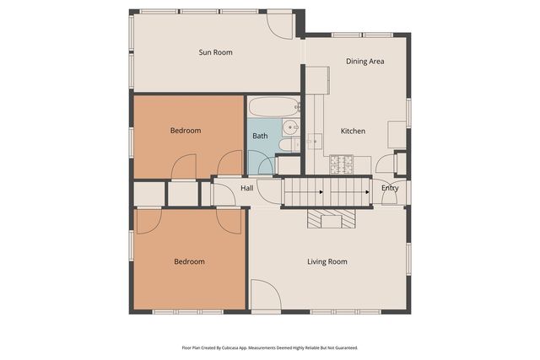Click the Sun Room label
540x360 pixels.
[215, 52]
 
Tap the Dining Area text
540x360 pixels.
[365, 62]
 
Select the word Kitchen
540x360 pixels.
[353, 132]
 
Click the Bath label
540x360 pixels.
[260, 136]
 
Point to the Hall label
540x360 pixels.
[247, 188]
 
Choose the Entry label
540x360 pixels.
[390, 188]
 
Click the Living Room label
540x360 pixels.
[327, 262]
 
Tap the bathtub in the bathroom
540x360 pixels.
[273, 107]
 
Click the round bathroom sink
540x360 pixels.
[289, 128]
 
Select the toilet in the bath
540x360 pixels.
[287, 145]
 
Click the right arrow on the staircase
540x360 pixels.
[367, 193]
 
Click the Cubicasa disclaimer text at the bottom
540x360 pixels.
[269, 347]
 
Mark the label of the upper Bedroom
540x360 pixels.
[186, 131]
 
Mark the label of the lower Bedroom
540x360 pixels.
[189, 261]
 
